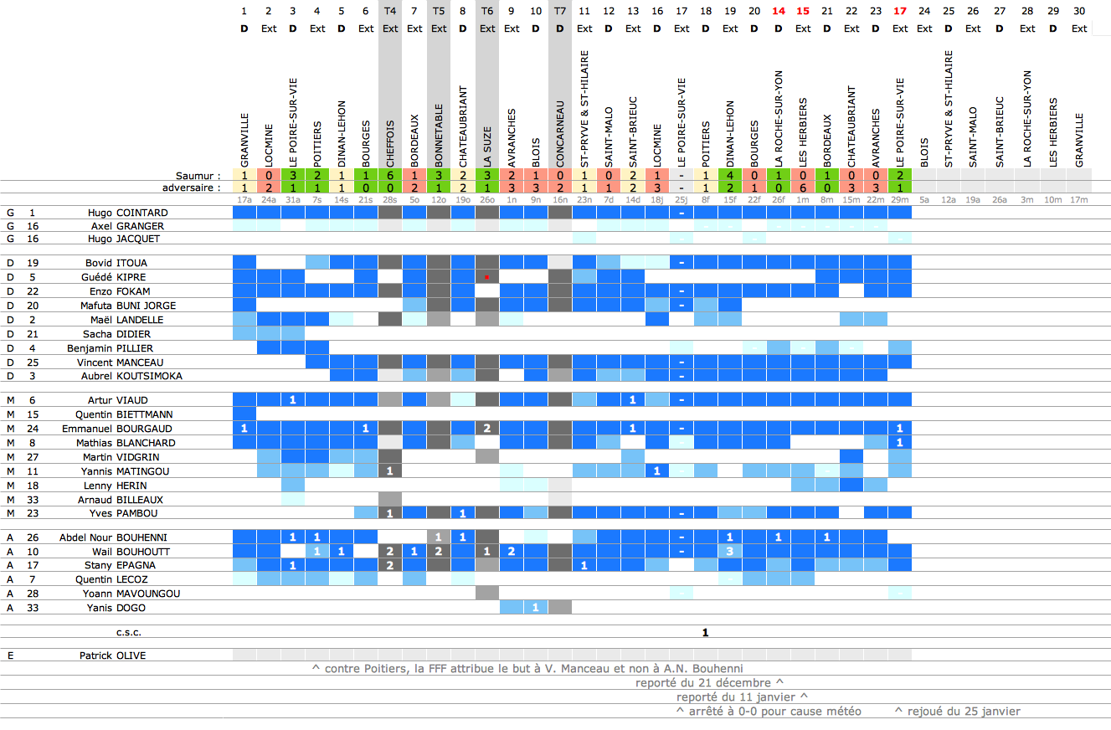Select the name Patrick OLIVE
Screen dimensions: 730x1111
(x=112, y=655)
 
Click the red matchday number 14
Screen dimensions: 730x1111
(x=779, y=11)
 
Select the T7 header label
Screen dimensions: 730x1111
(x=560, y=11)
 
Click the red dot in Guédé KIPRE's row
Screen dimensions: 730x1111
(x=487, y=276)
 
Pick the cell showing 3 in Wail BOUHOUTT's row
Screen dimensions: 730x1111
(x=730, y=552)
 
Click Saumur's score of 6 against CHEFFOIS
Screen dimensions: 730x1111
(x=390, y=176)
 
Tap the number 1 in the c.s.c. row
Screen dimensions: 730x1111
(x=706, y=632)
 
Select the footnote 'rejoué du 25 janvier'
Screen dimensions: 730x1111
(x=957, y=711)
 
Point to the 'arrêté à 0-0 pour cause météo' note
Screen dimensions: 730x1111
(x=768, y=711)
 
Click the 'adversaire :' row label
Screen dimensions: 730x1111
(x=192, y=188)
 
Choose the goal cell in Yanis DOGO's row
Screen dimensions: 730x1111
(x=536, y=607)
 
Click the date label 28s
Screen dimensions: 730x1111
(x=390, y=200)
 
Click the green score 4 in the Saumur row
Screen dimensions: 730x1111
(x=730, y=176)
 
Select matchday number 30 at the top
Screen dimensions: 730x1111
(x=1079, y=11)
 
